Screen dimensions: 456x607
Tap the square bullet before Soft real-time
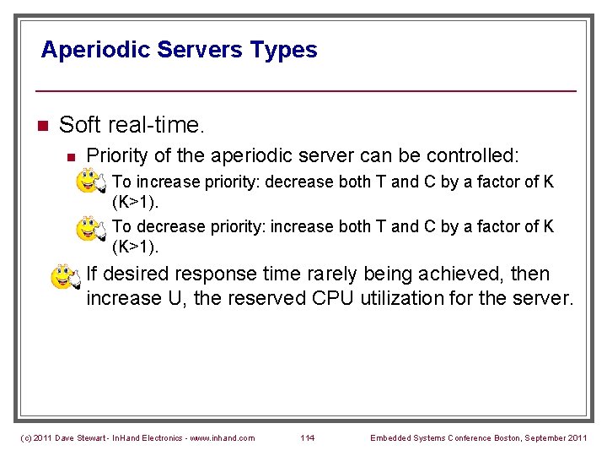pos(43,127)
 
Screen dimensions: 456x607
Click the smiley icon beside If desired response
pos(65,276)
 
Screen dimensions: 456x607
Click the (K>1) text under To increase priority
pos(135,203)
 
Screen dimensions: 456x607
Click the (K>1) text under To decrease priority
pos(135,247)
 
